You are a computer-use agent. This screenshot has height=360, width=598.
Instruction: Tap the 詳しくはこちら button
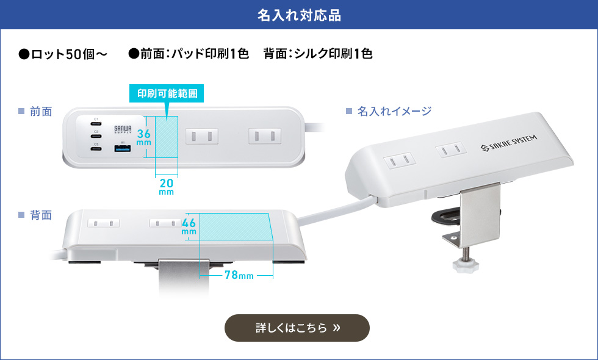(x=297, y=328)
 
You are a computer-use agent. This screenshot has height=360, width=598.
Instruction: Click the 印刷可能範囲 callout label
(x=167, y=94)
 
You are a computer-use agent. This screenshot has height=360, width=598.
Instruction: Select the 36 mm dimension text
(x=144, y=137)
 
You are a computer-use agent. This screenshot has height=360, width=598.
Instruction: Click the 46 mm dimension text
(x=189, y=226)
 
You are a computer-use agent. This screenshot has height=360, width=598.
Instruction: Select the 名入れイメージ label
(x=394, y=111)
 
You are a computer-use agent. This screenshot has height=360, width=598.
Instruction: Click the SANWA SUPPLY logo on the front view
(x=123, y=129)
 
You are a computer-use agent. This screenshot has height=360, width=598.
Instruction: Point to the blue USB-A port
(x=122, y=148)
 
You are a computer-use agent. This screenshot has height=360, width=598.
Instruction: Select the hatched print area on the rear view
(x=236, y=226)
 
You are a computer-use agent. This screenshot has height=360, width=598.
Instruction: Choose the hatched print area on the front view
(x=167, y=137)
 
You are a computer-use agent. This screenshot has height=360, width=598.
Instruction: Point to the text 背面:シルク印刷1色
(x=318, y=54)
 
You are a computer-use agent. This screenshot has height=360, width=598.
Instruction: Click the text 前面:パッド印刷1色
(x=189, y=54)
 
